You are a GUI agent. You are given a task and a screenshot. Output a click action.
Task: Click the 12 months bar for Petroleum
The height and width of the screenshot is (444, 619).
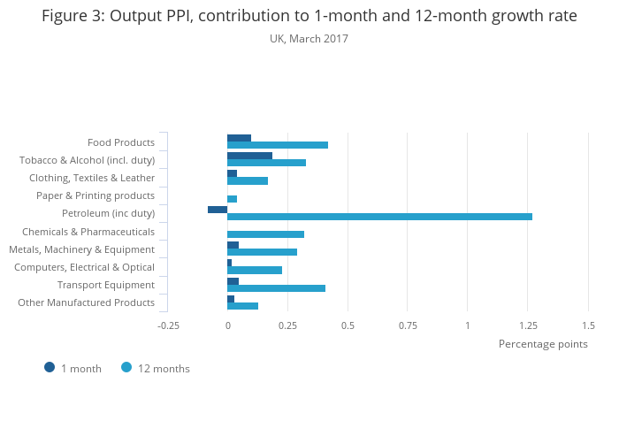coord(379,217)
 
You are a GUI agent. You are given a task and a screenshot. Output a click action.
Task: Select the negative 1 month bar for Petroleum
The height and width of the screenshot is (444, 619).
coord(218,210)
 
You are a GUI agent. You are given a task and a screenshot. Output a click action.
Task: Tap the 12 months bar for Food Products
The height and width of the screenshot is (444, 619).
coord(278,145)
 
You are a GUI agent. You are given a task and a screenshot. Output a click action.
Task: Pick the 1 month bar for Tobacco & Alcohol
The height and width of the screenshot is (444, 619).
coord(249,156)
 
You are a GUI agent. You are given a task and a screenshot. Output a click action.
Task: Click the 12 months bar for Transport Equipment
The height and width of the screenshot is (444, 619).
coord(276,288)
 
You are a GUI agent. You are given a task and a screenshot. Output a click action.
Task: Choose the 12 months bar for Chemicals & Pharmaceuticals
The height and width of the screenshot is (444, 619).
coord(265,234)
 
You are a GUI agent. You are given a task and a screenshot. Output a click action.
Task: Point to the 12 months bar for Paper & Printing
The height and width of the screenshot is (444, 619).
coord(232,199)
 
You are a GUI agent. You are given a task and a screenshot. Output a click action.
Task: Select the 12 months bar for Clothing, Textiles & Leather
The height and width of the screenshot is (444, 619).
coord(248,181)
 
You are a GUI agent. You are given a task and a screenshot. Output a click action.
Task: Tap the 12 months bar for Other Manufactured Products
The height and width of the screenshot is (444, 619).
coord(242,306)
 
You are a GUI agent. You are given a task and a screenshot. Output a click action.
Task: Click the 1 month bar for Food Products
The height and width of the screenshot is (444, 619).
coord(239,138)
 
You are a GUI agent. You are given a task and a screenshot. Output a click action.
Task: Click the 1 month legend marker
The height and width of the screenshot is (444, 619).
coord(50,368)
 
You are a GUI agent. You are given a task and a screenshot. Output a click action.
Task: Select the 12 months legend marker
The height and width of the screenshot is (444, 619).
coord(126,368)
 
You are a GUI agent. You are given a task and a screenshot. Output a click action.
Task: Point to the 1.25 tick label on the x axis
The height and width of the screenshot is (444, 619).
coord(528,325)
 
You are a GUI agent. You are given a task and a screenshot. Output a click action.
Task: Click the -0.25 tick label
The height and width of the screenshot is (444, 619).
coord(168,325)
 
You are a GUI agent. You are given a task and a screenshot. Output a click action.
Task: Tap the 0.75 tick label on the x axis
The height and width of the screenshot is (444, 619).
coord(408,325)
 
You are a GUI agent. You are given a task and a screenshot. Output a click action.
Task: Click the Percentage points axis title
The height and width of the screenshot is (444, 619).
coord(543,344)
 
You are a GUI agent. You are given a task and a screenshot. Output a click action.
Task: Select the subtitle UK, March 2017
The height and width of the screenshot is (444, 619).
coord(309,39)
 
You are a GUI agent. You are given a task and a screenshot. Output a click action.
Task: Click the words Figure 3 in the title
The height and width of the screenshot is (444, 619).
coord(72,16)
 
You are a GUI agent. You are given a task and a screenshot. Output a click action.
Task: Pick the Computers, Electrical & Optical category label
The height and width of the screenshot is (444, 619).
coord(84,267)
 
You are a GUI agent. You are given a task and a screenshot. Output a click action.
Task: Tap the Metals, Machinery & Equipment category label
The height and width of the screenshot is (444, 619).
coord(81,249)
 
